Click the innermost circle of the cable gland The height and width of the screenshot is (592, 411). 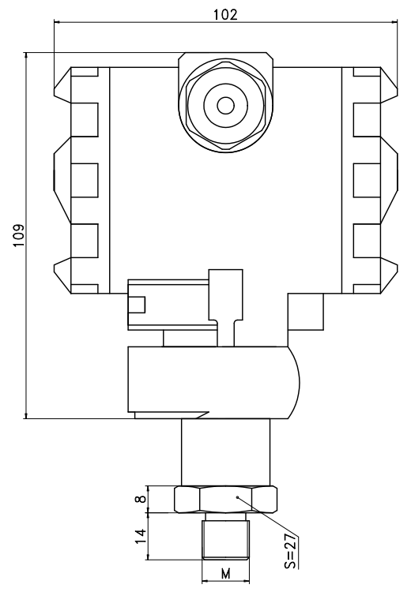(225, 105)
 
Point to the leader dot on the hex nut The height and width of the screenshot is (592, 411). (239, 497)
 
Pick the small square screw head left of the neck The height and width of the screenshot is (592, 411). (139, 305)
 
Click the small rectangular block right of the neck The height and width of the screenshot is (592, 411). (306, 313)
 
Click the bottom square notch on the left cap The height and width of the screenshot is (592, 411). (85, 237)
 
